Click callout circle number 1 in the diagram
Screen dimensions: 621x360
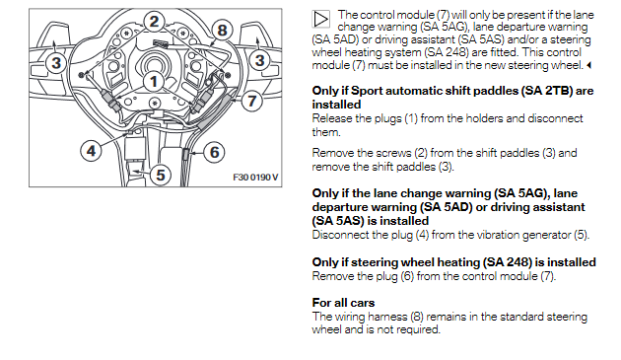pyautogui.click(x=153, y=82)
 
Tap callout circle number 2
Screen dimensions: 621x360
pyautogui.click(x=154, y=22)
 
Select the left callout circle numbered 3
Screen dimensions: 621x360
pyautogui.click(x=56, y=63)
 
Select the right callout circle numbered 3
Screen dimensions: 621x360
pyautogui.click(x=259, y=61)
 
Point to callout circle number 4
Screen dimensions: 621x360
pyautogui.click(x=91, y=151)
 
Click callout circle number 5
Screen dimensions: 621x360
pyautogui.click(x=161, y=175)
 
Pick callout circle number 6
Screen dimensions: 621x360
pyautogui.click(x=214, y=152)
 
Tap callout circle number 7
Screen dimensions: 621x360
pyautogui.click(x=252, y=101)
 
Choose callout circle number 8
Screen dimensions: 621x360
pyautogui.click(x=222, y=31)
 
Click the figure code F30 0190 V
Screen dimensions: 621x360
pyautogui.click(x=255, y=178)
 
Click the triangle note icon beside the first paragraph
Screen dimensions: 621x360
pyautogui.click(x=320, y=19)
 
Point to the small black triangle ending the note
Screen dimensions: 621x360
pyautogui.click(x=588, y=65)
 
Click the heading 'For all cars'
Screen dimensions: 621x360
pyautogui.click(x=343, y=303)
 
